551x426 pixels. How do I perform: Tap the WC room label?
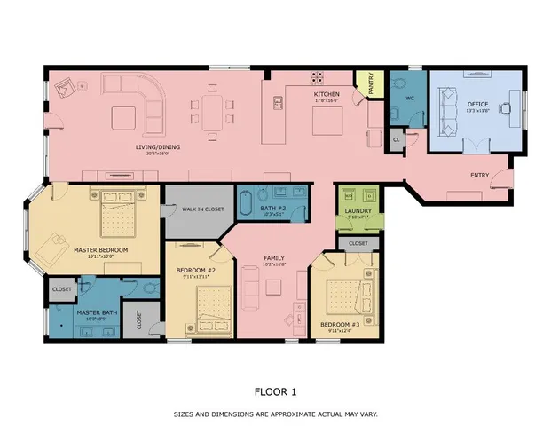pos(411,99)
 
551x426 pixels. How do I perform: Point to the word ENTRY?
pos(481,175)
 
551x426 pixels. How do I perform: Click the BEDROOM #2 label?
pos(198,270)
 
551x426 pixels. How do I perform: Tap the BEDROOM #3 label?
pos(340,325)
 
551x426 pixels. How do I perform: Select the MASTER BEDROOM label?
pos(101,250)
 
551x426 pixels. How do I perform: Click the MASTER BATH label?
pos(96,312)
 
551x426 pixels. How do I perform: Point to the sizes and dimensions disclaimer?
pos(276,414)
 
